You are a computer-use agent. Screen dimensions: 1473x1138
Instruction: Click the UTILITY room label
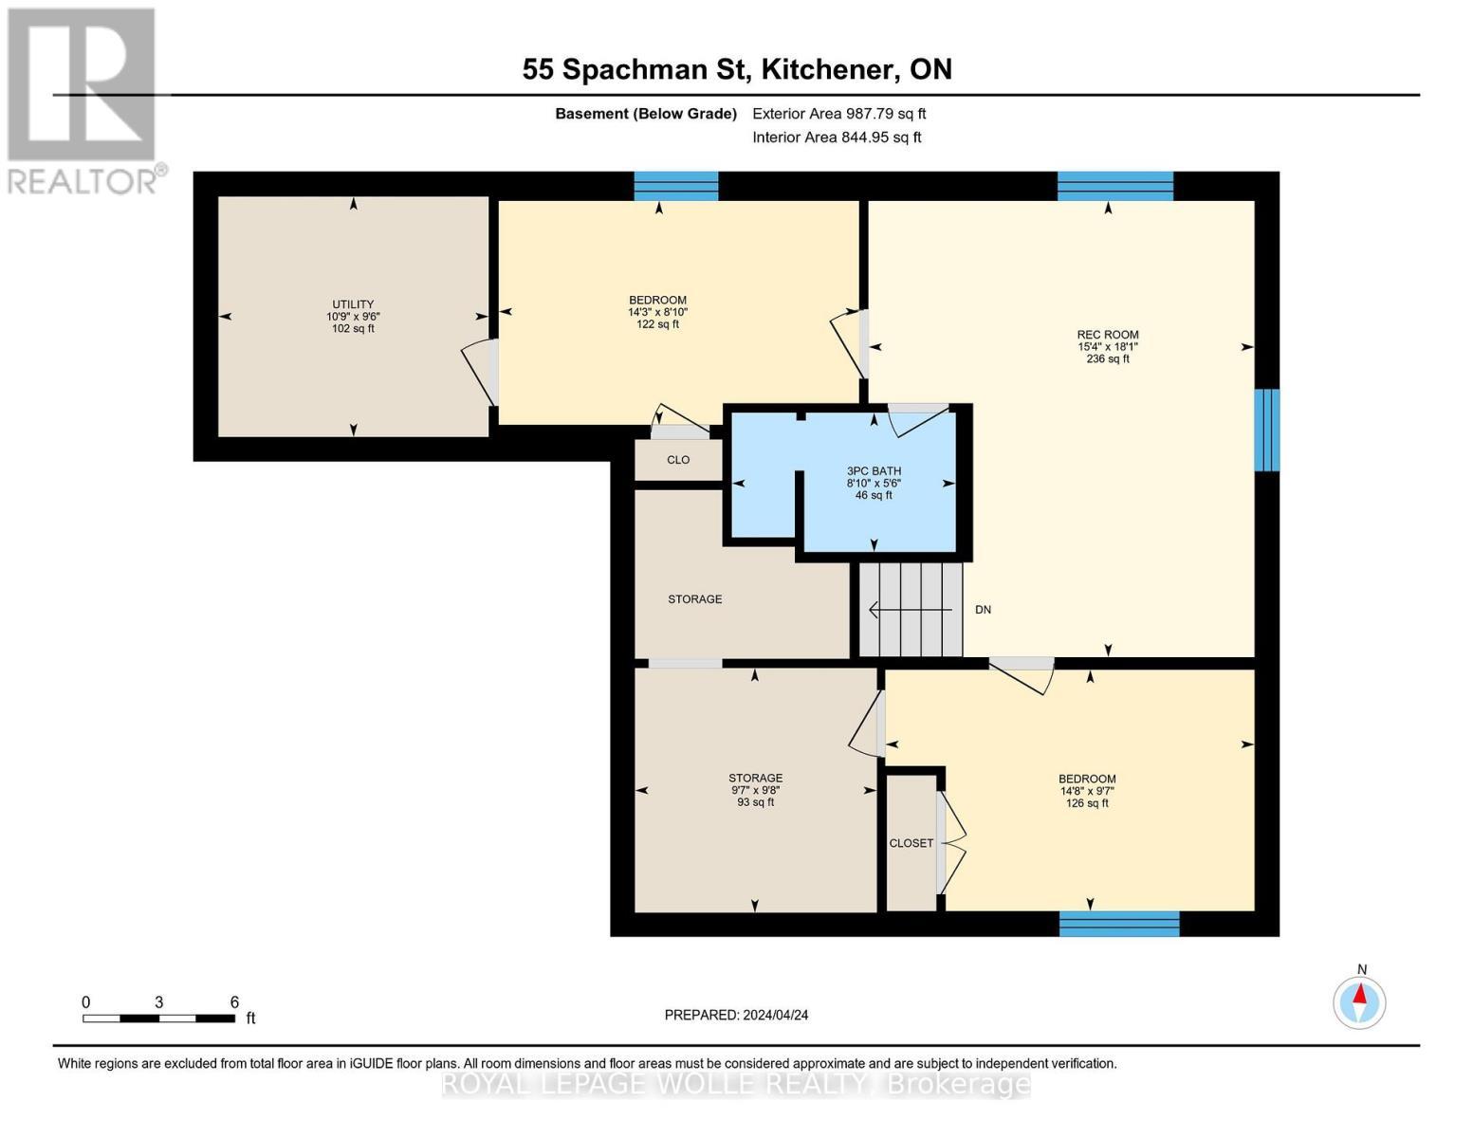(x=353, y=304)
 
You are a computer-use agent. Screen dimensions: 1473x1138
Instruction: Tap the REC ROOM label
(x=1108, y=334)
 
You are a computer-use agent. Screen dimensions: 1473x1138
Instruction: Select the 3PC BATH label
(x=874, y=470)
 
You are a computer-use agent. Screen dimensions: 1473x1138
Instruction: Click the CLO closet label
(x=678, y=460)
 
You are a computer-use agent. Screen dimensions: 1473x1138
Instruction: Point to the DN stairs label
(x=983, y=610)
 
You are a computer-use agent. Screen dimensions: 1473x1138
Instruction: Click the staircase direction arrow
(x=911, y=610)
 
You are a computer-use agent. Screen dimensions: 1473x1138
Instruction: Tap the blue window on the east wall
(x=1266, y=430)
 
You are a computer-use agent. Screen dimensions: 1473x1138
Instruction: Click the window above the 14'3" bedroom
(x=676, y=187)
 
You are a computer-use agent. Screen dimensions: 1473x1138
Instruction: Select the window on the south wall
(x=1119, y=924)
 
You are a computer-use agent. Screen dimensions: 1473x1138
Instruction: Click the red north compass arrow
(x=1359, y=994)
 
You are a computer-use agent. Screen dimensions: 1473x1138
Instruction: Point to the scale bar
(x=158, y=1019)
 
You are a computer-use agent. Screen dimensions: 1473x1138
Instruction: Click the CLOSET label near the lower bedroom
(x=911, y=843)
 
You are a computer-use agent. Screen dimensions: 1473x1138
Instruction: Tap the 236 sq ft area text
(x=1108, y=358)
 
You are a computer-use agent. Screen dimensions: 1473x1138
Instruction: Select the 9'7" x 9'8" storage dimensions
(x=755, y=790)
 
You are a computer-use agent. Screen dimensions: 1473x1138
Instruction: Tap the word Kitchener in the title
(x=826, y=69)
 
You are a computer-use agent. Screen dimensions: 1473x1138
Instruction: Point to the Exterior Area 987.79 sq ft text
(x=839, y=113)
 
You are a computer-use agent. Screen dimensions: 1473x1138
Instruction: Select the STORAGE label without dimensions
(x=695, y=599)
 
